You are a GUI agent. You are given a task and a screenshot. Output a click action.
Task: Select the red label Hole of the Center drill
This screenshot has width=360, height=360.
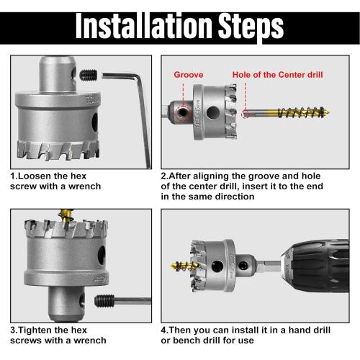276,74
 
